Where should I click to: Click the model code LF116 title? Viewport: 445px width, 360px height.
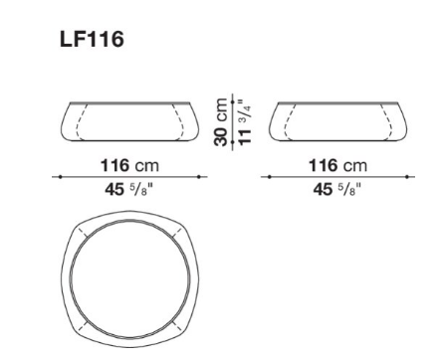point(92,39)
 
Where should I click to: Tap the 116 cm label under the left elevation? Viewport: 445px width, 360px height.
point(129,165)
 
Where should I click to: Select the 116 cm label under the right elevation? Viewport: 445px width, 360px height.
point(337,165)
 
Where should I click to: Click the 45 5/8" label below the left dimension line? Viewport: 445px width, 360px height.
point(128,189)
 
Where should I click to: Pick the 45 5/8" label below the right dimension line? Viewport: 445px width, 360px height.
point(336,189)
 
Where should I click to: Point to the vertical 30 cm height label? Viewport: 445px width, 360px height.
point(221,122)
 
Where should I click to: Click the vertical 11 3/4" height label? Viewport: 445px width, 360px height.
point(245,121)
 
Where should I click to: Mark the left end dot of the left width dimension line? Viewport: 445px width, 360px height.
point(60,177)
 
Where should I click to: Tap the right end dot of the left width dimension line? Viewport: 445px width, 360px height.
point(199,177)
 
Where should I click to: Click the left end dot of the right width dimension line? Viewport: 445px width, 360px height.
point(269,177)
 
